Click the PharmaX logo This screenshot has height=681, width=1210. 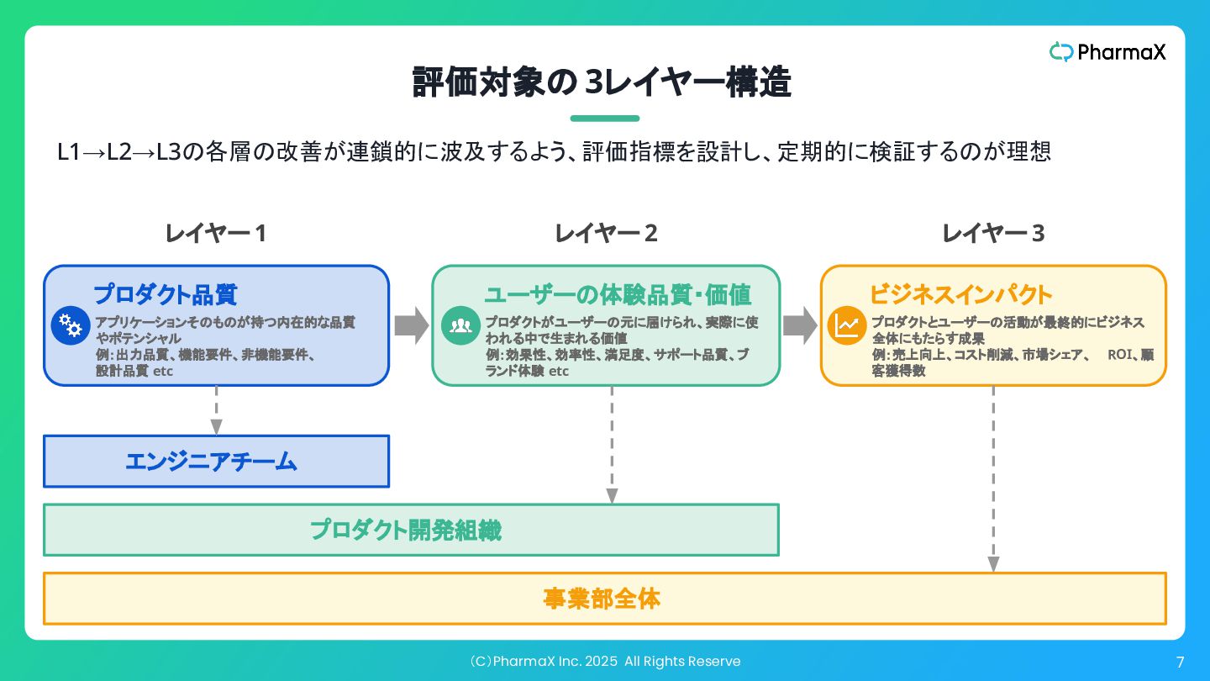[1107, 52]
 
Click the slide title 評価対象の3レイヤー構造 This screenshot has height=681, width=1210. [602, 82]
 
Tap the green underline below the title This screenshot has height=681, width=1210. [605, 119]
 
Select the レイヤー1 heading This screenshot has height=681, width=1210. [215, 234]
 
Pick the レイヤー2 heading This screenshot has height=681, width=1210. [606, 234]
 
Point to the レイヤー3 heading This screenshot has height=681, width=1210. [993, 234]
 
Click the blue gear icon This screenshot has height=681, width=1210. [71, 325]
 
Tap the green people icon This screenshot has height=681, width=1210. [460, 325]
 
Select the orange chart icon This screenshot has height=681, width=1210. [846, 325]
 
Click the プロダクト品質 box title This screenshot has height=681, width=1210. [166, 294]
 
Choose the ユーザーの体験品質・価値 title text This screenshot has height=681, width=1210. [618, 294]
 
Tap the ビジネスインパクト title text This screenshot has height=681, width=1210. [961, 294]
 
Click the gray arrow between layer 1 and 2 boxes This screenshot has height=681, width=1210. [412, 325]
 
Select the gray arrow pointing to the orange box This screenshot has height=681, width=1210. [800, 325]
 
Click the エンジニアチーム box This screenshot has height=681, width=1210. [216, 462]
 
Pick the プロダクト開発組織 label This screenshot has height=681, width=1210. [406, 531]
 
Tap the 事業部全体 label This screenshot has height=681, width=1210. [602, 599]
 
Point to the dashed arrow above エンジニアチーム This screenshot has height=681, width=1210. [216, 410]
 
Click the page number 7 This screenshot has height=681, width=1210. [1181, 663]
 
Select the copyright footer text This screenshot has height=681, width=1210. [605, 662]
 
